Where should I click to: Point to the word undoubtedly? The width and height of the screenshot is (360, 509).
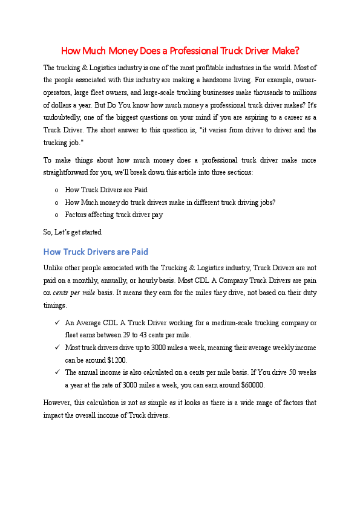tap(63, 117)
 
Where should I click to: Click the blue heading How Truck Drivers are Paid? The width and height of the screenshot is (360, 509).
tap(96, 251)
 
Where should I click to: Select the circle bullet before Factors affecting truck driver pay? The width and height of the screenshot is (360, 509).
tap(56, 215)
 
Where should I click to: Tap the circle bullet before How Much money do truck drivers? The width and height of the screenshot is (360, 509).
tap(56, 203)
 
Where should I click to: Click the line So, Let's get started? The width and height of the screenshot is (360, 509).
tap(73, 232)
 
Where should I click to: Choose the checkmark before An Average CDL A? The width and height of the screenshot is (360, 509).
tap(56, 323)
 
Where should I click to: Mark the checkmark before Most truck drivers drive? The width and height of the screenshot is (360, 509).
tap(56, 348)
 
